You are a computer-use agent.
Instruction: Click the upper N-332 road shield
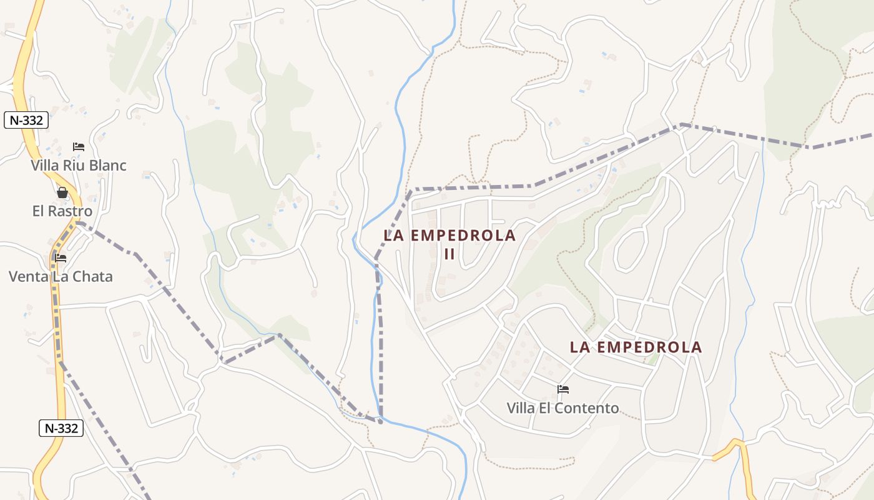[26, 120]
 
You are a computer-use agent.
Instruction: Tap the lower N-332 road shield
[61, 428]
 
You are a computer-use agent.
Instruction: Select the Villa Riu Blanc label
[79, 166]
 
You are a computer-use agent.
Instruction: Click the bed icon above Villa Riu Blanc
[79, 147]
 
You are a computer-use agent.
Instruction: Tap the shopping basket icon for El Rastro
[62, 192]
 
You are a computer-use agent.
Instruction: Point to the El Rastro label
[62, 211]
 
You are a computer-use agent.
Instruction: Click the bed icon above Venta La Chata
[61, 257]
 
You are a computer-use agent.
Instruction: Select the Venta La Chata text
[61, 276]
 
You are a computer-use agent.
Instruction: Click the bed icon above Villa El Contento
[563, 389]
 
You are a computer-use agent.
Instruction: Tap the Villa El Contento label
[563, 409]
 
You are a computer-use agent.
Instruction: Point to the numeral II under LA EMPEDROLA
[449, 254]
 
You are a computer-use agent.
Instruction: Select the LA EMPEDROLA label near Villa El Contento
[636, 347]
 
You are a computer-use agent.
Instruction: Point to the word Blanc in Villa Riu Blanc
[107, 166]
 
